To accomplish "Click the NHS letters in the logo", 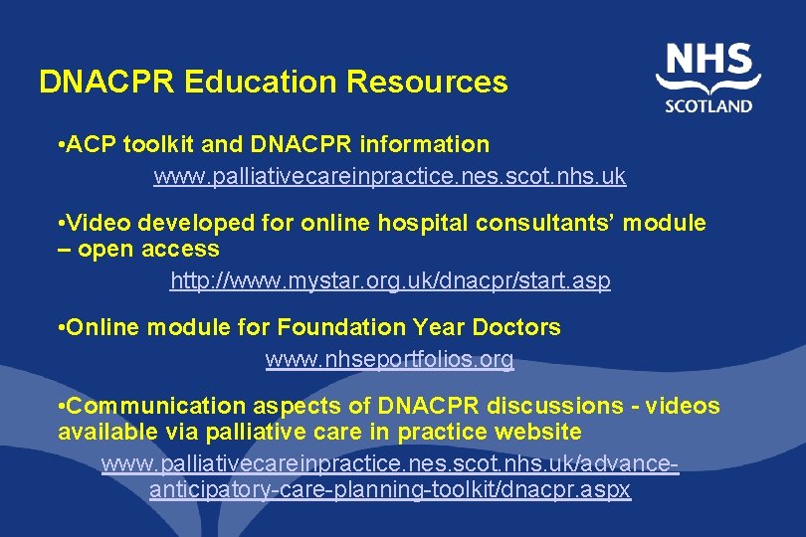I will point(708,62).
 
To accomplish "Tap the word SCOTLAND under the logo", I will point(709,106).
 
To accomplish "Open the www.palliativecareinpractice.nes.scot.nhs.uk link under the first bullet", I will point(389,177).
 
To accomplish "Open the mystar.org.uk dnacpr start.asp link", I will point(390,281).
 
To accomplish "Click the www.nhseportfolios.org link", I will point(389,360).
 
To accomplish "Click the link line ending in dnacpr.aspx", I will point(389,491).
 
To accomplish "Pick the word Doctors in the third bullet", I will point(518,327).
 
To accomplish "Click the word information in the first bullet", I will point(430,145).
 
